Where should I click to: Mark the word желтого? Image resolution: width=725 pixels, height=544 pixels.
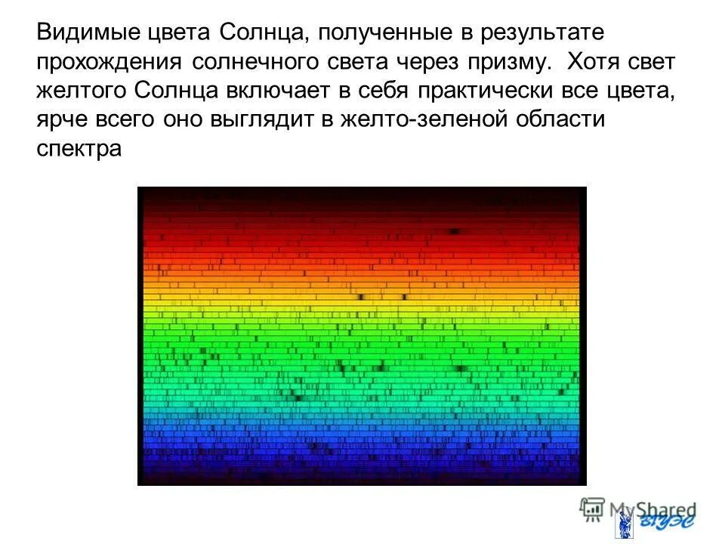click(82, 93)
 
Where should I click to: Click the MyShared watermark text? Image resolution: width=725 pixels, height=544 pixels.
click(651, 509)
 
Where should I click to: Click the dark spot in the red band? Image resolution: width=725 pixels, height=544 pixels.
click(455, 231)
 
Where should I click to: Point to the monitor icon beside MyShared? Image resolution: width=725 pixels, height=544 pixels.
click(593, 508)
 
